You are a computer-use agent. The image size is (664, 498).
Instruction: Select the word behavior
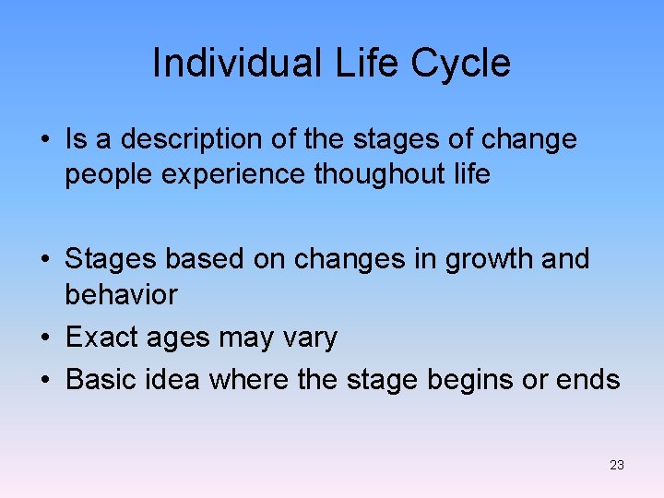click(x=121, y=294)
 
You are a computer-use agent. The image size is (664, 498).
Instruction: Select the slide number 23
click(x=617, y=465)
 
